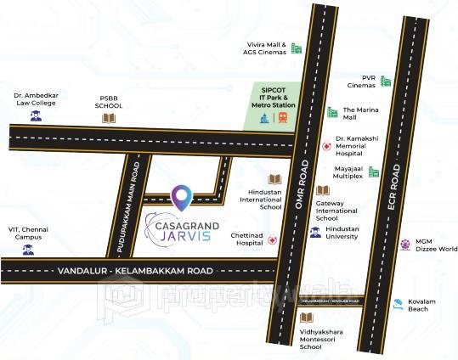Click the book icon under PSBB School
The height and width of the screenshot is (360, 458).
[x=108, y=119]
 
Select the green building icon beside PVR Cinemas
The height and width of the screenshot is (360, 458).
[x=387, y=82]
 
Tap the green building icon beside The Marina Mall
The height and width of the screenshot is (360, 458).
[x=332, y=112]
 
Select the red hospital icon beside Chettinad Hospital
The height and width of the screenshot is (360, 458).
[x=272, y=241]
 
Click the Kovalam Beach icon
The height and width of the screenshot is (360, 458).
[x=397, y=304]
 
